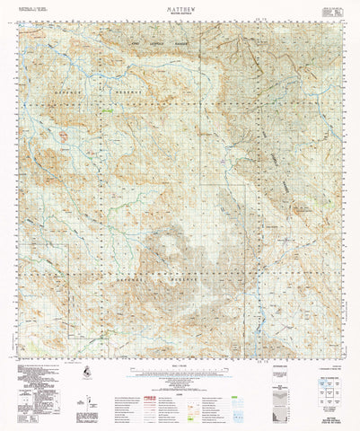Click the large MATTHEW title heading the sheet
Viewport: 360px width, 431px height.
point(180,5)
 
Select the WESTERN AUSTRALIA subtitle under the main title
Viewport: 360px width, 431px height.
point(180,12)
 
